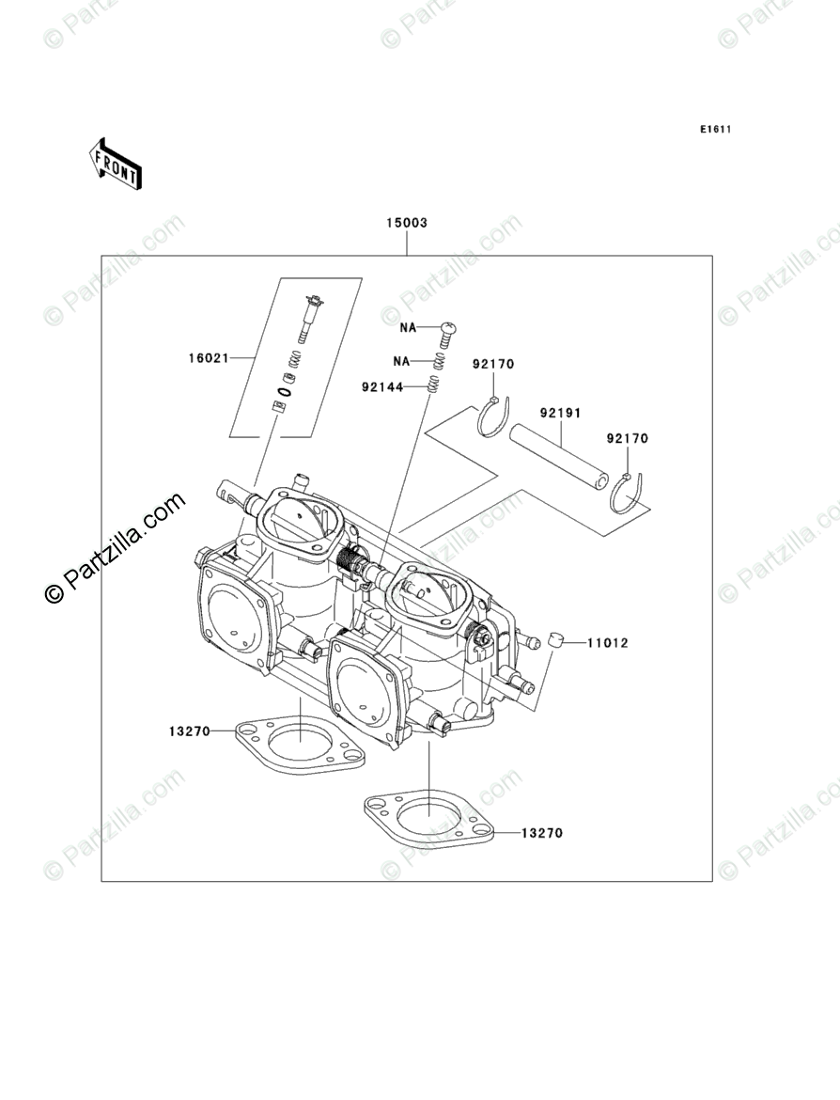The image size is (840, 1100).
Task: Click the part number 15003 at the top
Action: coord(406,223)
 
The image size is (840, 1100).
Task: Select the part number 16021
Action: coord(208,358)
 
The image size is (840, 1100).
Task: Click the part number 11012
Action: coord(607,643)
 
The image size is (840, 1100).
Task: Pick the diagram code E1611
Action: coord(714,130)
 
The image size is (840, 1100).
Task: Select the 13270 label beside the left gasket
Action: coord(189,731)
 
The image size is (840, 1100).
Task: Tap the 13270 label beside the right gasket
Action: coord(542,833)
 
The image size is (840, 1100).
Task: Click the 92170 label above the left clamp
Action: coord(493,364)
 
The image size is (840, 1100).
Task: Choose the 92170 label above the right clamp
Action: coord(627,438)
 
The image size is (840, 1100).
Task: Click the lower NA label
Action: coord(402,360)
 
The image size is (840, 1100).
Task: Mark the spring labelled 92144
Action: coord(433,385)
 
